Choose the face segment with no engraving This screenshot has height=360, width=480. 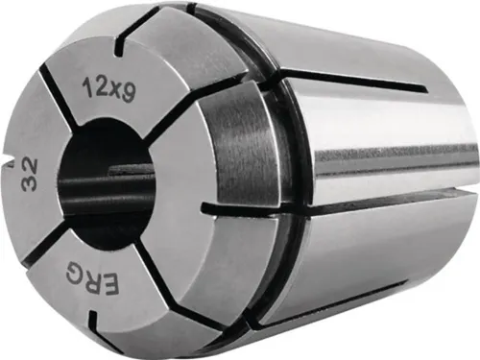click(192, 182)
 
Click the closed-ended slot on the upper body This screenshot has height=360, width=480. click(355, 81)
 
